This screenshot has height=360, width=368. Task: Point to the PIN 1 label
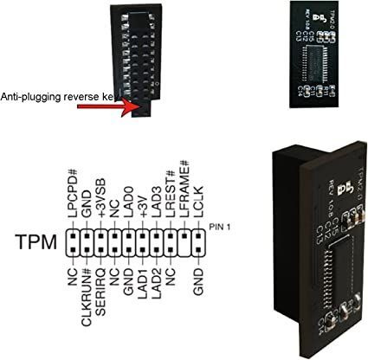click(x=220, y=227)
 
